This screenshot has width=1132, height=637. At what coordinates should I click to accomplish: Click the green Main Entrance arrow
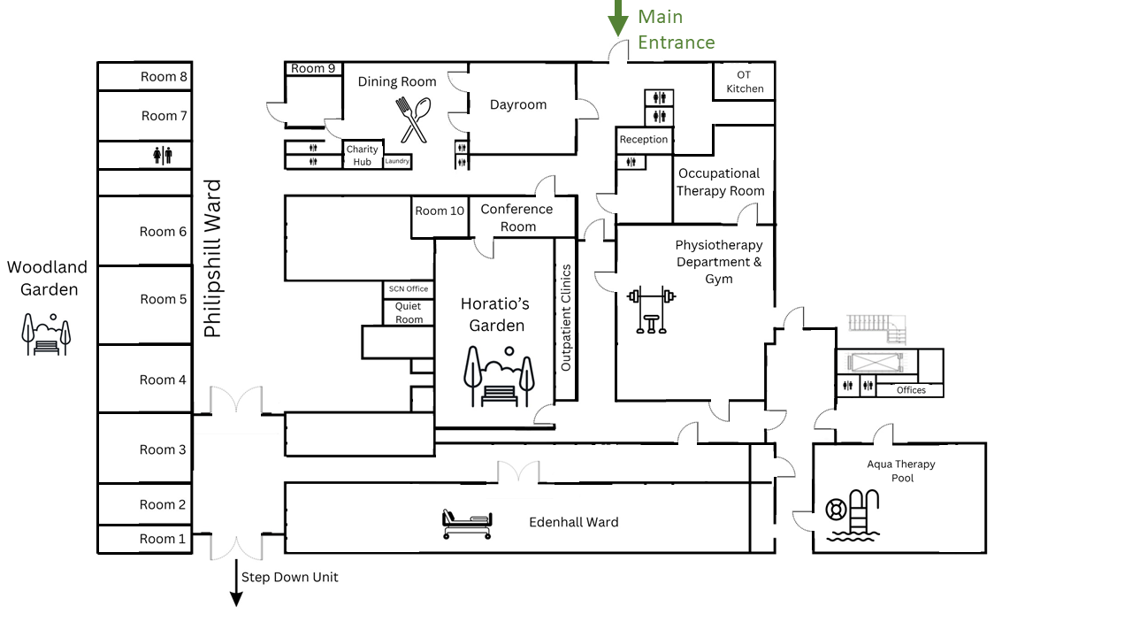(620, 18)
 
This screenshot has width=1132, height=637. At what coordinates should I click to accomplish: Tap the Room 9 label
(313, 68)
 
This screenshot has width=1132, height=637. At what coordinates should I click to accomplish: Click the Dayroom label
(518, 104)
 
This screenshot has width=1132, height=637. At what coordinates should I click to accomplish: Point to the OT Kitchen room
(745, 81)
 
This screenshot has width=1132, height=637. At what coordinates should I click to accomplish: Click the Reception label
(644, 140)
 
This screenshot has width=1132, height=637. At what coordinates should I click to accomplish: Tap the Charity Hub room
(363, 155)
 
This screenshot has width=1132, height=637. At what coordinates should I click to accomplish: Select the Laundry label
(397, 161)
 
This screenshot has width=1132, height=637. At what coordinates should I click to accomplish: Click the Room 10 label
(440, 211)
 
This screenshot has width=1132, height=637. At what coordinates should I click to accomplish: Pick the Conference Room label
(516, 218)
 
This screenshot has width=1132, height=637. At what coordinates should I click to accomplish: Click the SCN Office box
(409, 289)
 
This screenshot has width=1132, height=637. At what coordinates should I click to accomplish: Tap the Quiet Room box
(409, 313)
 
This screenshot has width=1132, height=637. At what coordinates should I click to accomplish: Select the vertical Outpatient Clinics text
(566, 317)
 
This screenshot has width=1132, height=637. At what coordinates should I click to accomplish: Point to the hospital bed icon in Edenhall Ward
(466, 525)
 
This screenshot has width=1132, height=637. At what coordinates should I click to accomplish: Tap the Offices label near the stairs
(911, 390)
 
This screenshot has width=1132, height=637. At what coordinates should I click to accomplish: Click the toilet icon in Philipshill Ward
(163, 156)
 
